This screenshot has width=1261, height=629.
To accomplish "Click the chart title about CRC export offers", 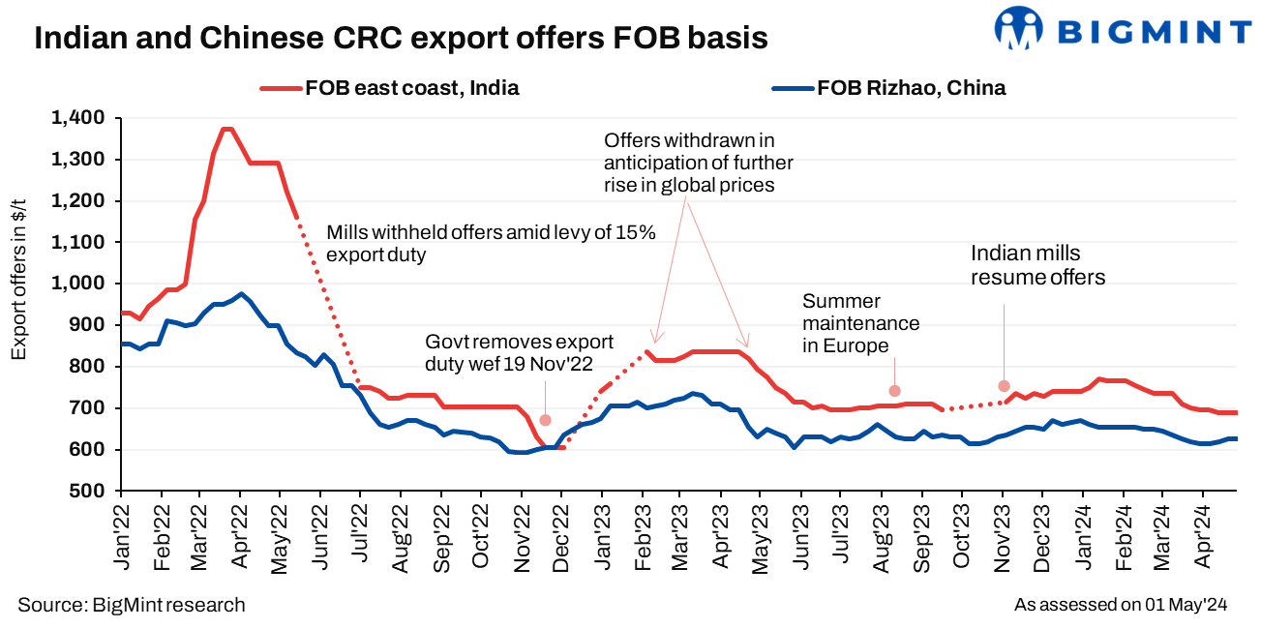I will click(402, 38).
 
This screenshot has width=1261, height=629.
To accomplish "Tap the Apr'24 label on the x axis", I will click(1203, 534).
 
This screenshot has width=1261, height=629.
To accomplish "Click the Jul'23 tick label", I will click(842, 534).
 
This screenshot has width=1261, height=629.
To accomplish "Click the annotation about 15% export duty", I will click(491, 244).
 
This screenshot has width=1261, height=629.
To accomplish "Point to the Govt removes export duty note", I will click(520, 354).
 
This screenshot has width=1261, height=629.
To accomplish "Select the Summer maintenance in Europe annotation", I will click(860, 323).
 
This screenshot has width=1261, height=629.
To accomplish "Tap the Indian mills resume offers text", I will click(1038, 265).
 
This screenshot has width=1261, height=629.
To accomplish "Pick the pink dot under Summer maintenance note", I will click(895, 391).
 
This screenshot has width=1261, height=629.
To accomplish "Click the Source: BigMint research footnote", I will click(132, 605).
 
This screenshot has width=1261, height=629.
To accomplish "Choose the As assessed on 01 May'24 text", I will click(1121, 605).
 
